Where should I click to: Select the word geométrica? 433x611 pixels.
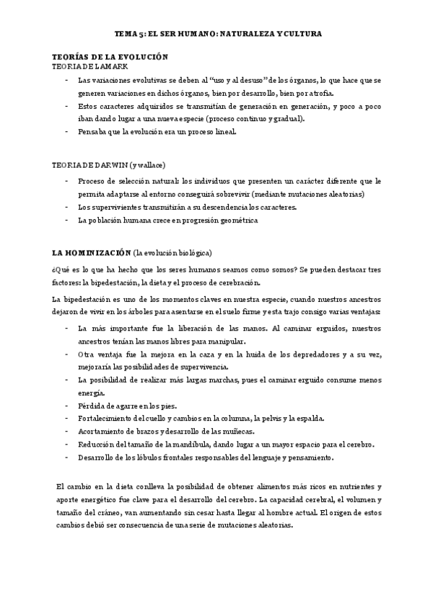tap(232, 220)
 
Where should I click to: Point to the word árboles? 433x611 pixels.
tap(134, 311)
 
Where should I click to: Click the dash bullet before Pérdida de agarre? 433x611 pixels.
tap(66, 406)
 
